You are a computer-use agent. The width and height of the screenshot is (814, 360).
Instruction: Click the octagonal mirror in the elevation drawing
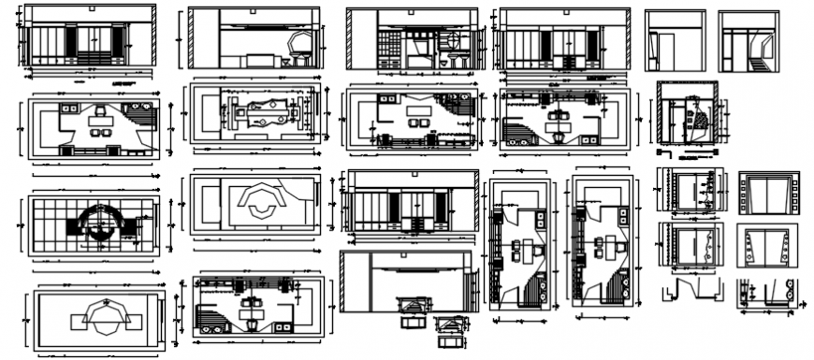[x=301, y=42]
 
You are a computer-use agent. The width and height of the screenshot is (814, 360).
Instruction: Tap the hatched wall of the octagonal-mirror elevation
[x=192, y=40]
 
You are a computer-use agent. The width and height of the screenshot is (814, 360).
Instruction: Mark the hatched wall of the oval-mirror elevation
[x=350, y=40]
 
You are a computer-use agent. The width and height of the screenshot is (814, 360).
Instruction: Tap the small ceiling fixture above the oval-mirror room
[x=413, y=9]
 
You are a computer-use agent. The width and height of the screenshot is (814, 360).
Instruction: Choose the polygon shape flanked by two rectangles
[x=101, y=318]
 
